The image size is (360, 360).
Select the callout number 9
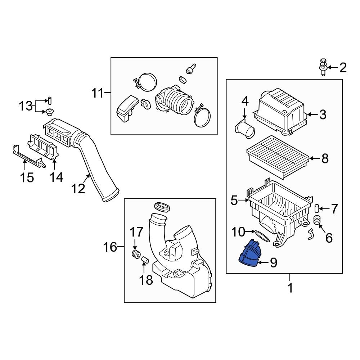[273, 263]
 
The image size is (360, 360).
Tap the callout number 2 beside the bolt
[342, 67]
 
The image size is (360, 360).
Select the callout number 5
[234, 201]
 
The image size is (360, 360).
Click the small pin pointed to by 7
[317, 208]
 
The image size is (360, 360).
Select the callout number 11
[97, 94]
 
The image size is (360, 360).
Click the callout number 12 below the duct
[78, 188]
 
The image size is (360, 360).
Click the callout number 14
[56, 177]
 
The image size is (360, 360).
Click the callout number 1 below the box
[290, 288]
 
